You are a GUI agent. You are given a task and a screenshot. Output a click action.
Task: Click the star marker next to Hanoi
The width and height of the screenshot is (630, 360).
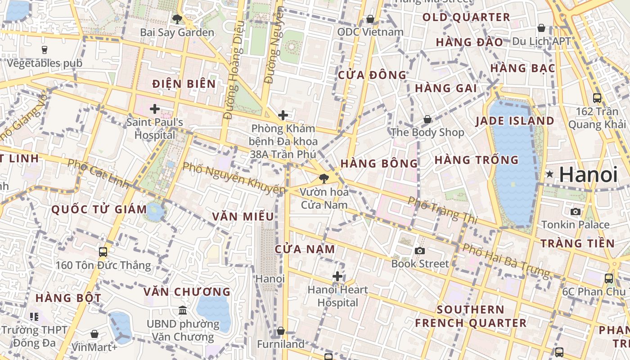549,174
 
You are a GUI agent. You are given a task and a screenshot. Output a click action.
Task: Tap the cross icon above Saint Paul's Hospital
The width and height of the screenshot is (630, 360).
155,108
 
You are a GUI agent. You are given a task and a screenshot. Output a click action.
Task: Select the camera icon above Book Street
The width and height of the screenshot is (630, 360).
420,251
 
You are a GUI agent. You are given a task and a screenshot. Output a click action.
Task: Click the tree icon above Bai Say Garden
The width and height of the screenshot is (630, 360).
177,19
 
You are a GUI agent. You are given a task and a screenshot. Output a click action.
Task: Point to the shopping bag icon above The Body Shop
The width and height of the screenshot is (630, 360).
427,119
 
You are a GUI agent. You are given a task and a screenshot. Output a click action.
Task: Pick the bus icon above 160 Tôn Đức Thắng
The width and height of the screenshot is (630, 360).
103,252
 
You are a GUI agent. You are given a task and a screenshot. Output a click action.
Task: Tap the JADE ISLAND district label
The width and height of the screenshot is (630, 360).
514,121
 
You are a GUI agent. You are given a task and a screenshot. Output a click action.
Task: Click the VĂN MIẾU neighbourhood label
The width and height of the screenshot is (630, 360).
243,216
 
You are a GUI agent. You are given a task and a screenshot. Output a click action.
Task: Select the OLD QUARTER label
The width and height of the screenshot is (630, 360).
466,18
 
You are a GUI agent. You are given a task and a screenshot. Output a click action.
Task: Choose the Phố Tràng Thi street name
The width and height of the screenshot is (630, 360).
442,210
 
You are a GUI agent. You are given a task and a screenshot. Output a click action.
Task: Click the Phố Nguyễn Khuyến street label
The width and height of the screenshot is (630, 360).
234,178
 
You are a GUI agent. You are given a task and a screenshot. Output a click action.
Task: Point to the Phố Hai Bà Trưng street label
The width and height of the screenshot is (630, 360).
506,260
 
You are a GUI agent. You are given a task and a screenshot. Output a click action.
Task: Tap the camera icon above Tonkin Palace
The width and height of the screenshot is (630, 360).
575,211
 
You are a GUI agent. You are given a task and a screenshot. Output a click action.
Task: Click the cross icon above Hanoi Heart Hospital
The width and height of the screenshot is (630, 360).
337,276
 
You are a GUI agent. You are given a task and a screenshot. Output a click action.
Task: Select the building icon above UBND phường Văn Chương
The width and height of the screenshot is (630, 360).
183,310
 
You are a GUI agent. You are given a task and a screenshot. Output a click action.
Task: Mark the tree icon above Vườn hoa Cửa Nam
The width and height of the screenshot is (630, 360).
324,179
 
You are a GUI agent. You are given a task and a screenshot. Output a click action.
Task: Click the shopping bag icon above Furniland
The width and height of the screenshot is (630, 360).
281,331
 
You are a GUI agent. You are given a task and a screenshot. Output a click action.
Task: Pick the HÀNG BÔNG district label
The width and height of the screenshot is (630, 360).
379,163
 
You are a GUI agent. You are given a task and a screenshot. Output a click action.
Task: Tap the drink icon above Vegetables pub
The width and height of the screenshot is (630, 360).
44,49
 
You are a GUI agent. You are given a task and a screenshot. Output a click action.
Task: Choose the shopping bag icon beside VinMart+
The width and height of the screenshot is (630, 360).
94,334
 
